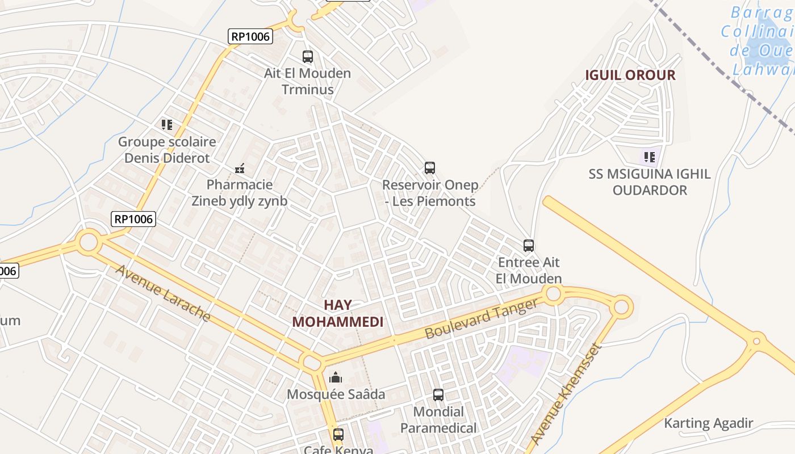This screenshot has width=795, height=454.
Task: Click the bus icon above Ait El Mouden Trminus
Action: click(x=307, y=57)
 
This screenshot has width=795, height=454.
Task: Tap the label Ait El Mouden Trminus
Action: click(x=307, y=81)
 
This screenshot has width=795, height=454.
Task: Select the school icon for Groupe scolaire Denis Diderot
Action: click(x=166, y=124)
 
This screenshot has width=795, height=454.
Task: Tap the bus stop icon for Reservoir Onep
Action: click(x=430, y=168)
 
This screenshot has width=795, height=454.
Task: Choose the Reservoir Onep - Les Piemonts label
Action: click(x=429, y=193)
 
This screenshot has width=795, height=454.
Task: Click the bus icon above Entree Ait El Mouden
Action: click(x=529, y=246)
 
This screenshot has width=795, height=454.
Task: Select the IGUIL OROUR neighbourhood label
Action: click(x=630, y=75)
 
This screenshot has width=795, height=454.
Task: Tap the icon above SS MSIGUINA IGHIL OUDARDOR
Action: click(x=649, y=157)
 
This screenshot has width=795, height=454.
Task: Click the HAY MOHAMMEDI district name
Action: click(x=338, y=313)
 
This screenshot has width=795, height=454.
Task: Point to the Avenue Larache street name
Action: click(x=164, y=293)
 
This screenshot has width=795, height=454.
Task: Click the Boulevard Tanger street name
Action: click(x=481, y=319)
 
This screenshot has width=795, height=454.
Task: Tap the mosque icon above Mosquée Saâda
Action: click(x=336, y=377)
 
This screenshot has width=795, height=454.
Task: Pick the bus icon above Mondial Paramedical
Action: click(x=438, y=394)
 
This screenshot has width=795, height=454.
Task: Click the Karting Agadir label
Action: click(x=708, y=423)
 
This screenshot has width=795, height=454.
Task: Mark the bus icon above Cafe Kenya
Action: click(x=338, y=435)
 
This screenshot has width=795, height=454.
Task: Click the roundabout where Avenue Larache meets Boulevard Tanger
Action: click(x=312, y=362)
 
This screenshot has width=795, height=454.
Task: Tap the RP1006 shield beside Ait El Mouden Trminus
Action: click(x=251, y=37)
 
